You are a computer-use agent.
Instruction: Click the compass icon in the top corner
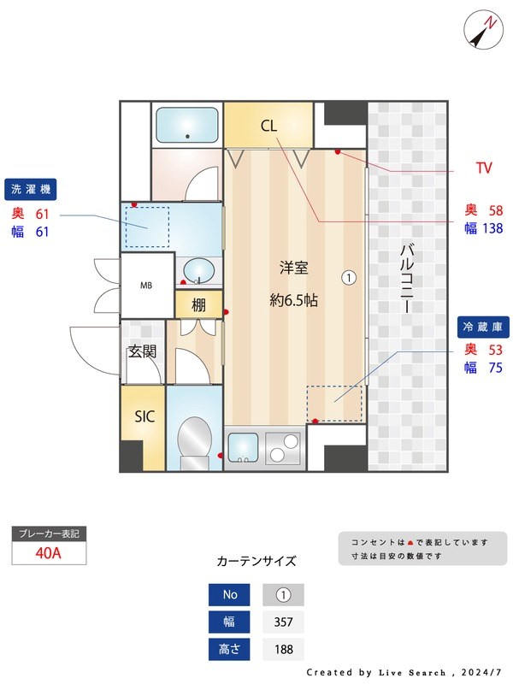pos(483,31)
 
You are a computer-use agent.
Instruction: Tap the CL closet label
pos(268,127)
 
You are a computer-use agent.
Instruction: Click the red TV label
pos(483,168)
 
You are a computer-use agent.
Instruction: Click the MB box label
pos(147,286)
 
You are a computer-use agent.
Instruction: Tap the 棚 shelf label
pos(198,304)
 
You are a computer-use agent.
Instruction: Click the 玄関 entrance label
pos(142,351)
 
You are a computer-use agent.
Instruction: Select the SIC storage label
pos(144,416)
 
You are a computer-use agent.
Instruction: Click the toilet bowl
pos(195,441)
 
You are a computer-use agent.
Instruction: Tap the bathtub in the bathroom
pos(187,126)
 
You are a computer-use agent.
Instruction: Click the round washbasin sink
pos(199,271)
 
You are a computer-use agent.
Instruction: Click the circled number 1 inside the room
pos(349,277)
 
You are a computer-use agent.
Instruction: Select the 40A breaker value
pos(49,552)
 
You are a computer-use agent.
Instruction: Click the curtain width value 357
pos(283,622)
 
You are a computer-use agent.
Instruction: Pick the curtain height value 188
pos(283,649)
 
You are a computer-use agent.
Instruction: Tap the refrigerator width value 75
pos(495,368)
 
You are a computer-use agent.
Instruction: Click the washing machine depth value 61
pos(42,213)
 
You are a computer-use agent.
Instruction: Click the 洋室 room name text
pos(293,268)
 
